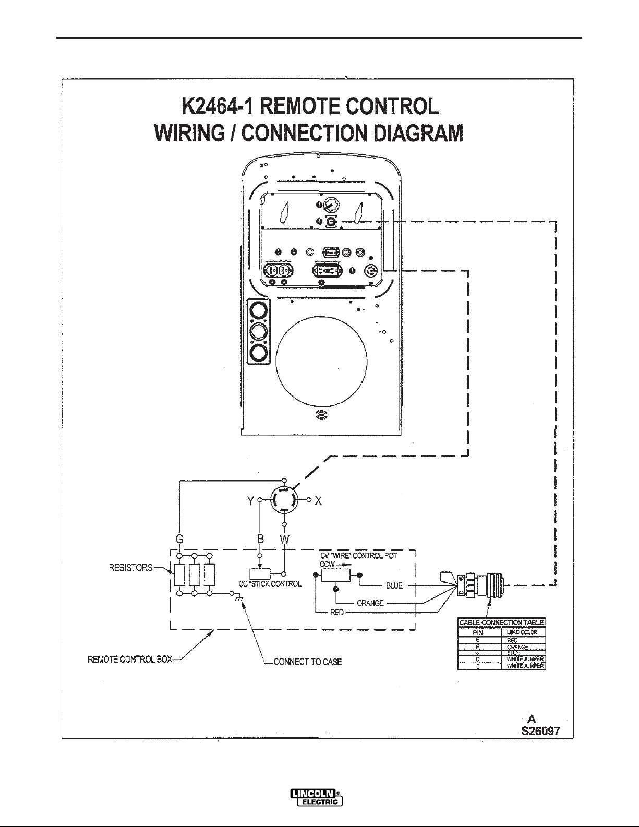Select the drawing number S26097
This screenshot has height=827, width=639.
540,730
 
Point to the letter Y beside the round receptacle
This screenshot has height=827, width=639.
250,501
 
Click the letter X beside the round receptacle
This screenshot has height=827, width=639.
318,501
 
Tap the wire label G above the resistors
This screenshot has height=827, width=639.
179,540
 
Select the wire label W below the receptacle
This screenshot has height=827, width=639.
284,540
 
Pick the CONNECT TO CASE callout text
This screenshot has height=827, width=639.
308,662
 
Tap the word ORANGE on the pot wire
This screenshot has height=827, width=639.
370,603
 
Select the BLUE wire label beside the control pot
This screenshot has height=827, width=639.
395,585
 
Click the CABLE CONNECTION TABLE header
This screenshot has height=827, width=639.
501,622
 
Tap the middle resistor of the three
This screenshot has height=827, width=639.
195,575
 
